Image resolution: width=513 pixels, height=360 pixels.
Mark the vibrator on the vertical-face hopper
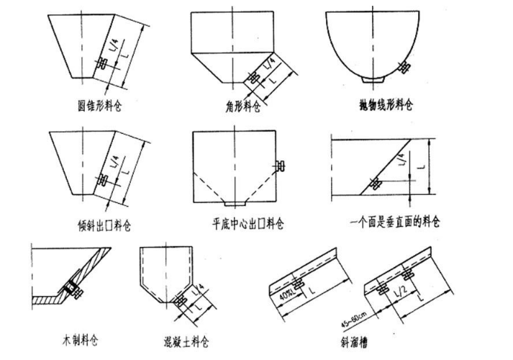click(375, 183)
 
